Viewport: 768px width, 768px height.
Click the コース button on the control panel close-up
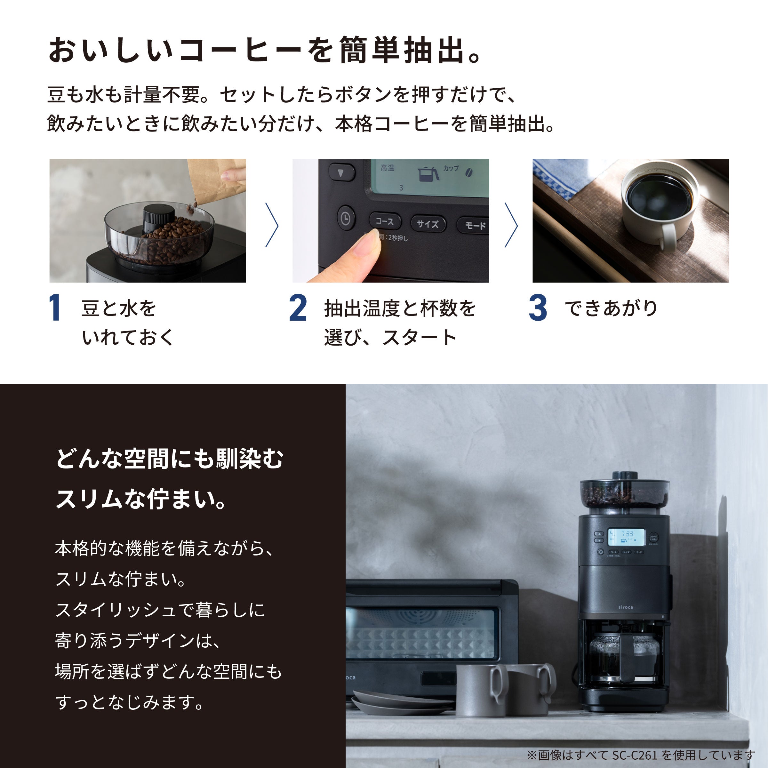pos(385,221)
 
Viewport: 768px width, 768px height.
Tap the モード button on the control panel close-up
pos(474,225)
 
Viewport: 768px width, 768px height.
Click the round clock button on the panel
pos(346,218)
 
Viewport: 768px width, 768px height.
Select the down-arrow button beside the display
pos(341,173)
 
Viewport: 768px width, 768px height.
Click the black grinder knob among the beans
pos(158,218)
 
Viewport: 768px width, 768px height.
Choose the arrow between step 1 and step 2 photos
pos(272,225)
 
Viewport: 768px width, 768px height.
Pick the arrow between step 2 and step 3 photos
pos(511,225)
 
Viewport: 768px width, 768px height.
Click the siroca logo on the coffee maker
pos(626,607)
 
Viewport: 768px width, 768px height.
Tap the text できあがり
pos(611,308)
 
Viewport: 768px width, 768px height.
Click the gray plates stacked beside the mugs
pos(402,704)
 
